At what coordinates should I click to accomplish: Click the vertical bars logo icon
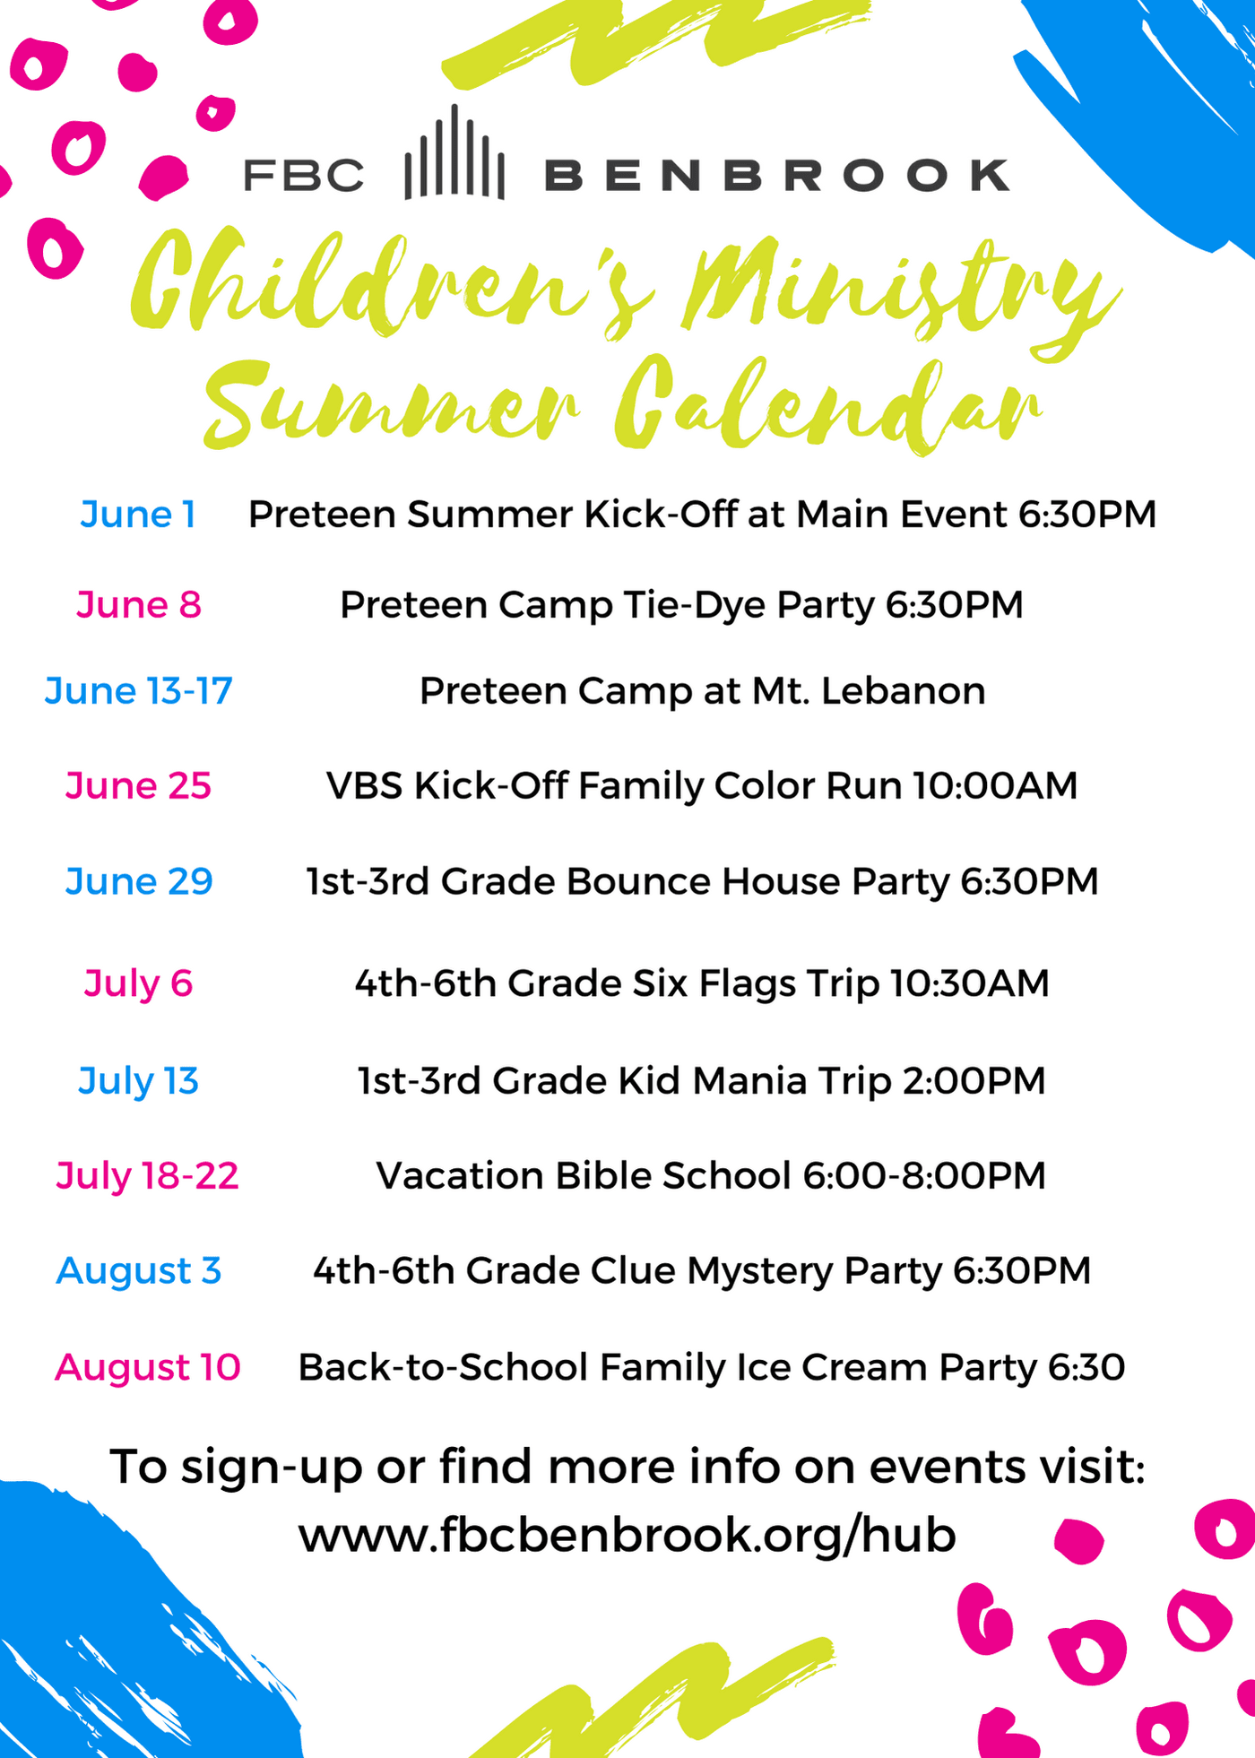coord(454,152)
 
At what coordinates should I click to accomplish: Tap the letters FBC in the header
coord(304,175)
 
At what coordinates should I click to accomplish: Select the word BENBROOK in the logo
coord(777,175)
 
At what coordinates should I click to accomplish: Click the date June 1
coord(138,515)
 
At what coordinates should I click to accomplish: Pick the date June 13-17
coord(139,691)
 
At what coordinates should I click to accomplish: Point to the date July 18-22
coord(147,1175)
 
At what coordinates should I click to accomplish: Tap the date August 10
coord(148,1367)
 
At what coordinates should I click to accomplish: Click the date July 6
coord(139,983)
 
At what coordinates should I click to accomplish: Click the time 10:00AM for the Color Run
coord(995,785)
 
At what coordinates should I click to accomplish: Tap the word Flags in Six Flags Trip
coord(747,984)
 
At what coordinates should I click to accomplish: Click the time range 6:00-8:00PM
coord(924,1175)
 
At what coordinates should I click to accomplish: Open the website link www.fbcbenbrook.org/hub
coord(627,1535)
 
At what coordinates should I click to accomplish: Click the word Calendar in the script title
coord(827,403)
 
